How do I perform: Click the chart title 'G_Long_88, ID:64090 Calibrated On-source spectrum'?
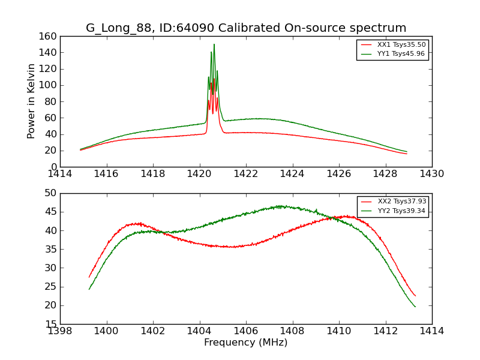pos(246,28)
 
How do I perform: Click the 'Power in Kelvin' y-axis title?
pos(32,101)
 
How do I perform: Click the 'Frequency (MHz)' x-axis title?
pos(246,343)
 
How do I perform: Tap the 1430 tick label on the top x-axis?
pos(432,174)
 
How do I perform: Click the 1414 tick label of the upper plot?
pos(60,174)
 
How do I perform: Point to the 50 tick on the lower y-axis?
pos(50,193)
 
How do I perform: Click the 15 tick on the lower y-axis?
pos(50,324)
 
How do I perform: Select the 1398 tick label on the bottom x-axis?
pos(60,331)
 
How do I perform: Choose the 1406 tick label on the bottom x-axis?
pos(246,331)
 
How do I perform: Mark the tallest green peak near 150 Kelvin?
pos(214,44)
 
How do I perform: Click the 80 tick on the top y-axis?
pos(50,101)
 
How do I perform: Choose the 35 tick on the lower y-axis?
pos(50,249)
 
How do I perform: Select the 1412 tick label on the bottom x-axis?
pos(385,331)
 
